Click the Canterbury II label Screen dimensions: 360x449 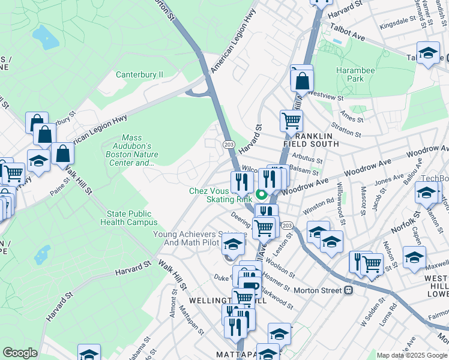tap(139, 75)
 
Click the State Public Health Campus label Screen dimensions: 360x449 tap(132, 218)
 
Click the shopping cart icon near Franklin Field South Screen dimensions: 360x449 tap(291, 121)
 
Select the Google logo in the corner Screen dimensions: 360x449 tap(20, 353)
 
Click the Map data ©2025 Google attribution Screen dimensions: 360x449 tap(412, 355)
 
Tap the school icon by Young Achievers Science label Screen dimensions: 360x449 tap(233, 244)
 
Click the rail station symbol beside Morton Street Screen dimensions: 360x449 tap(348, 290)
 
